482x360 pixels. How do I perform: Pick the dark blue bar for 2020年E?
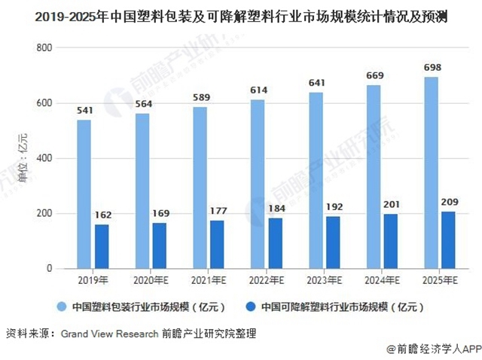point(160,245)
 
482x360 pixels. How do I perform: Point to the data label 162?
point(102,215)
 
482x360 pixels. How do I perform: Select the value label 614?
point(258,90)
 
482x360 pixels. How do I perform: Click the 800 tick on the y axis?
point(44,47)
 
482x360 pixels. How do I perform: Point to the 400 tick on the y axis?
point(44,158)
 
